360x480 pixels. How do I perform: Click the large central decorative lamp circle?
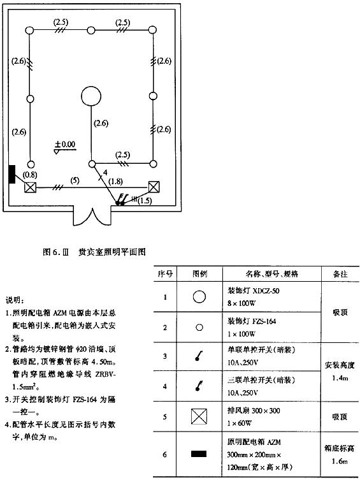91,96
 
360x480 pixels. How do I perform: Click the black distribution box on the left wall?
12,174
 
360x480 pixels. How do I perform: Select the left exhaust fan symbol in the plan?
31,187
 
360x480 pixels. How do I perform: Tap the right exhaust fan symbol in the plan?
154,186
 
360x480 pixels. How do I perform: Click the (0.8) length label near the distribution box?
31,175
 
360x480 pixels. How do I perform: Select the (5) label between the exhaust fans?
75,180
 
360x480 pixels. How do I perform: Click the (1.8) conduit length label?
115,181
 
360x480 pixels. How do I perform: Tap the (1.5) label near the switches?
145,201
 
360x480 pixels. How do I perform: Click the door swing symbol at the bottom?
92,217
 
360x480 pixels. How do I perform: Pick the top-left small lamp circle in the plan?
29,31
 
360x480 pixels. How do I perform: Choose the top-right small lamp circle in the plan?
153,30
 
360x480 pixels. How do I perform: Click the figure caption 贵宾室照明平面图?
112,252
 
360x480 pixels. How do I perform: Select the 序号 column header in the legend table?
165,273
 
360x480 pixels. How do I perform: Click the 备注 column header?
340,273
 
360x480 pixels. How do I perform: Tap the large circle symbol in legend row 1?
199,296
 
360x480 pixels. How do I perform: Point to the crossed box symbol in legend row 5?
199,417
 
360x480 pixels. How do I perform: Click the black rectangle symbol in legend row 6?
199,454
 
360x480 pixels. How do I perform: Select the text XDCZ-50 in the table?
266,291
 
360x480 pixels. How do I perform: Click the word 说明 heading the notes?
14,300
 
